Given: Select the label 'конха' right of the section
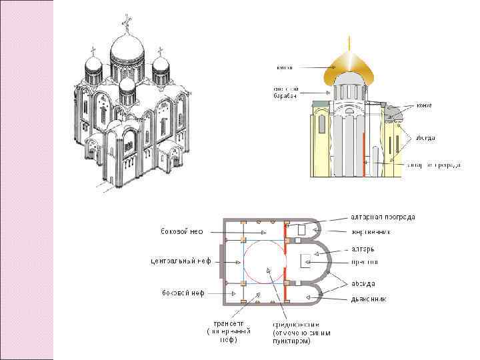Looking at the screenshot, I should (424, 105).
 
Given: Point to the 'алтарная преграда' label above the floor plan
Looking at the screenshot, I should (383, 217).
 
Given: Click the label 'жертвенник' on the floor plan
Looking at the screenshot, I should (371, 232).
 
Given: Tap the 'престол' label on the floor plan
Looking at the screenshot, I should (365, 261).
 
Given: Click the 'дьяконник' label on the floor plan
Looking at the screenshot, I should (368, 298).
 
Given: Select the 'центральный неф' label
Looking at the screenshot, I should (179, 261).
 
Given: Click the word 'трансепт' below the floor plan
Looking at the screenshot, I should (225, 323).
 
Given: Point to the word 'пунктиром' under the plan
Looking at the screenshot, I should (291, 341).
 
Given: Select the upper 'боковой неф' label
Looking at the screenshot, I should (181, 232).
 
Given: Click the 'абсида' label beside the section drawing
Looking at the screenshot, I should (425, 138).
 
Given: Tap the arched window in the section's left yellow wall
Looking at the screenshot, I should (321, 123).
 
